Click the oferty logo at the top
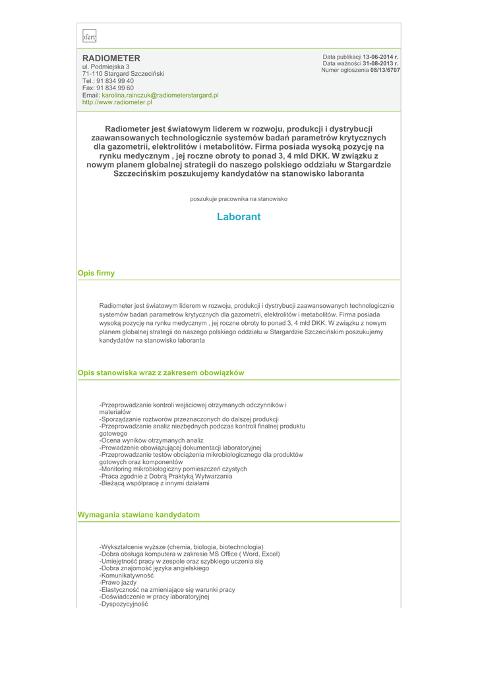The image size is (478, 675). click(89, 38)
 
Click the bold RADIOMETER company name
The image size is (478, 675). click(111, 58)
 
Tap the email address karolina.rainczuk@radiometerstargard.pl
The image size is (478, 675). click(160, 95)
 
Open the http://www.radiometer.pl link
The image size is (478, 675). click(117, 102)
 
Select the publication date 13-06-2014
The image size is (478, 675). click(380, 57)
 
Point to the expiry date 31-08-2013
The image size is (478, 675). click(380, 63)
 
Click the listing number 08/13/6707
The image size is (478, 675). click(385, 70)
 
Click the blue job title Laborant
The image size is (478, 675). click(239, 217)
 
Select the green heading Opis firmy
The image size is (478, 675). click(96, 273)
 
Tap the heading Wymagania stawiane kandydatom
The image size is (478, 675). click(138, 514)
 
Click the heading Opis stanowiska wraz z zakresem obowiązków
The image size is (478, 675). click(161, 372)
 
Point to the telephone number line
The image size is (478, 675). click(107, 81)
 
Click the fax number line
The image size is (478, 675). click(107, 88)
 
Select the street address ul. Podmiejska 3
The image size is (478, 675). click(105, 67)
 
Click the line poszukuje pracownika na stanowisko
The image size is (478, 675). click(239, 198)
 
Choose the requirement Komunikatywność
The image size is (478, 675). click(127, 575)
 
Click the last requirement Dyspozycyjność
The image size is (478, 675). click(123, 604)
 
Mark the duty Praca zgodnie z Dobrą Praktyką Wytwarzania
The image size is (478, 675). click(165, 476)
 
